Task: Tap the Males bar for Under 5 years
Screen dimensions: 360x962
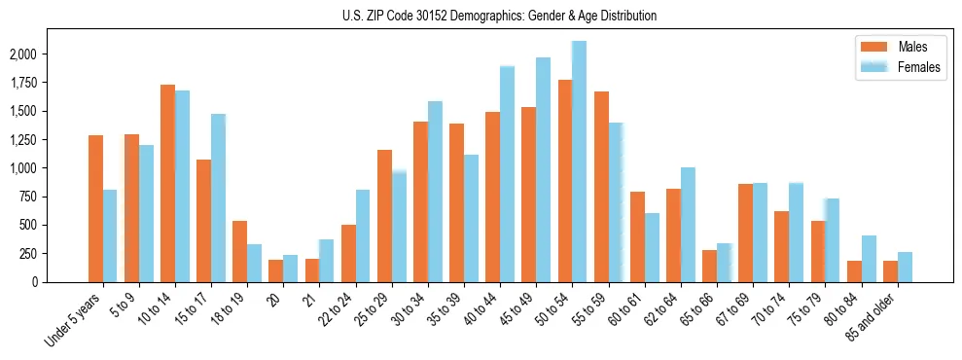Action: [95, 208]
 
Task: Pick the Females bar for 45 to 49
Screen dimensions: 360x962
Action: [543, 169]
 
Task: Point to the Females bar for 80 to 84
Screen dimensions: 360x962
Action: [869, 259]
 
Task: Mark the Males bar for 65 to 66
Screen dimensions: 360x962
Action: [709, 266]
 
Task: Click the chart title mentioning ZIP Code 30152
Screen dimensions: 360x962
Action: [499, 16]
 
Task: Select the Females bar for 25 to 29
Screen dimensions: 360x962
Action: [399, 227]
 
